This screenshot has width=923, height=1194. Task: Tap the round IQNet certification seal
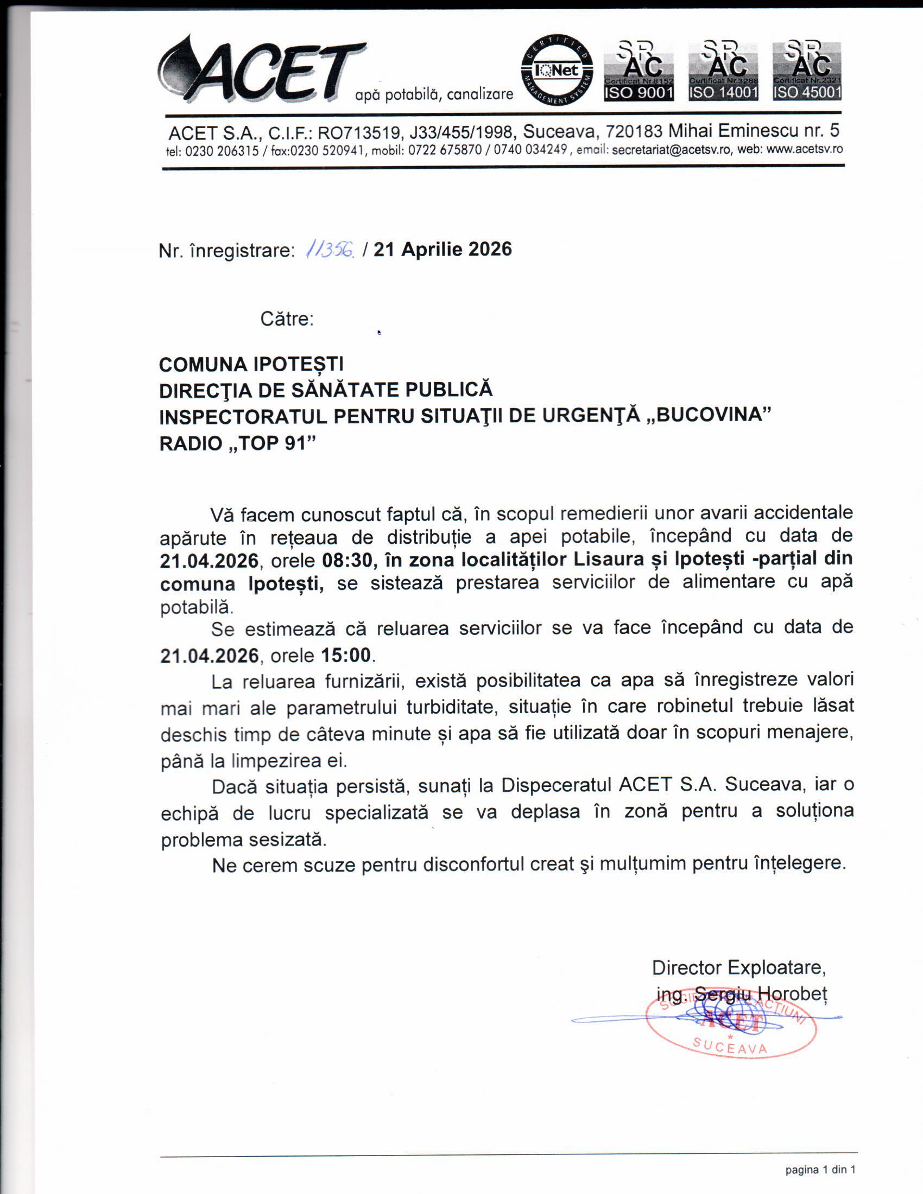pos(557,70)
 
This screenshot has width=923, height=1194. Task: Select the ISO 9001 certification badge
pos(638,71)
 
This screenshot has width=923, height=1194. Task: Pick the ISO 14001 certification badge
pos(723,71)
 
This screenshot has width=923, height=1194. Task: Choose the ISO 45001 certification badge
pos(806,71)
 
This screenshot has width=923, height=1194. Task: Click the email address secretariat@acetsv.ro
pos(672,150)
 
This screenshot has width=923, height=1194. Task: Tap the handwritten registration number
pos(331,250)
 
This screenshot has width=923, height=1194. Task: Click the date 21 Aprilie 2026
pos(442,249)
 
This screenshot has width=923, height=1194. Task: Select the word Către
pos(287,319)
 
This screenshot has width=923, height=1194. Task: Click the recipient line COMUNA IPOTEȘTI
pos(251,364)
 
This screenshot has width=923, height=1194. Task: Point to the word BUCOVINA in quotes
pos(713,415)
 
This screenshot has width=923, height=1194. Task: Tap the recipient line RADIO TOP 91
pos(238,443)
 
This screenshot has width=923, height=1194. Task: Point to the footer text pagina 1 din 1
pos(820,1170)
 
